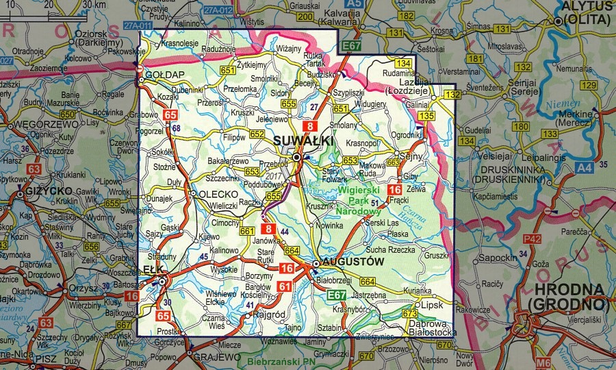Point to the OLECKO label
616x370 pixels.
pyautogui.click(x=217, y=194)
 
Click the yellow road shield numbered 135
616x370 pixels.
pyautogui.click(x=426, y=116)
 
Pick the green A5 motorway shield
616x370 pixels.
pyautogui.click(x=352, y=4)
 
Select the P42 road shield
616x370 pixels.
pyautogui.click(x=532, y=239)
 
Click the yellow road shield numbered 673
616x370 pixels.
pyautogui.click(x=409, y=313)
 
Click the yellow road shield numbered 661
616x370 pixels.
pyautogui.click(x=247, y=231)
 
